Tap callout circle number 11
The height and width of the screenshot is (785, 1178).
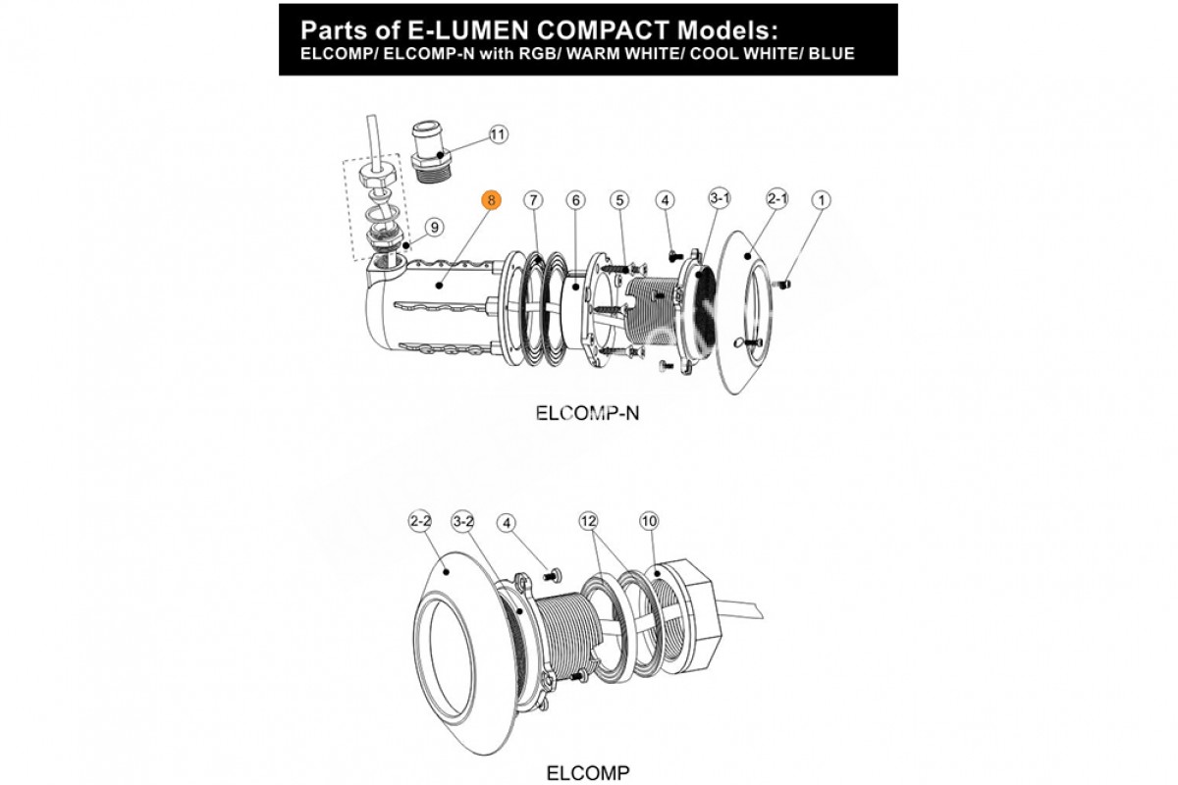499,134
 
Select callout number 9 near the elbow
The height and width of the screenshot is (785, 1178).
435,227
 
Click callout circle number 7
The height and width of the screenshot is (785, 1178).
532,200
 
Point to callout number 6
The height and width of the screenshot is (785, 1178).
575,200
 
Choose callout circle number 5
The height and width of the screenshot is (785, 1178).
618,200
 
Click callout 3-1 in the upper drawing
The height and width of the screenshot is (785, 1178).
720,199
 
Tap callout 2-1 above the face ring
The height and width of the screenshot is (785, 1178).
777,199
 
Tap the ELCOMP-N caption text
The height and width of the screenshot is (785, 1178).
587,413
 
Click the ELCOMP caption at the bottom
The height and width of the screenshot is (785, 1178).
587,771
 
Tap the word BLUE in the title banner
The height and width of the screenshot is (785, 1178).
830,52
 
